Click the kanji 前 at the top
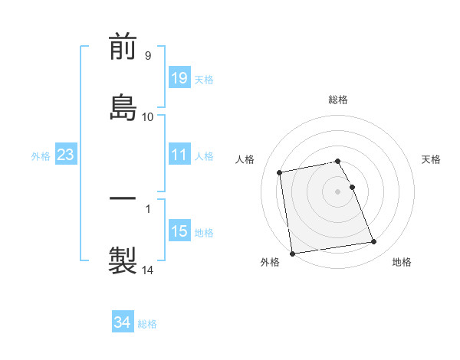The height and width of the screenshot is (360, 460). coord(123,47)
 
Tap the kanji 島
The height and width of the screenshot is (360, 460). coord(123,105)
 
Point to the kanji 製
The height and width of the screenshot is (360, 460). coord(123,258)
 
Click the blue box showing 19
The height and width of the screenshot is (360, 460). coord(179,78)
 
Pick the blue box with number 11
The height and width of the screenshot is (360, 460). coord(179,155)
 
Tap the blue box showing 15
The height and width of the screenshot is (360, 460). coord(179,231)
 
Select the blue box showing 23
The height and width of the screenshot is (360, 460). coord(66,155)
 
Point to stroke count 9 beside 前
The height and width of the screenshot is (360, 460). coord(148,56)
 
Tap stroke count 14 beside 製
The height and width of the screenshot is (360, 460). coord(148,270)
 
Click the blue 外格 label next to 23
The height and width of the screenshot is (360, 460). coord(41,155)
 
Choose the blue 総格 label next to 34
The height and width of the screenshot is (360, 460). coord(147,324)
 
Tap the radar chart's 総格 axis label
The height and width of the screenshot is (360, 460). coord(338,100)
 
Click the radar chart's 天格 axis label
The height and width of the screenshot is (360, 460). coord(431,159)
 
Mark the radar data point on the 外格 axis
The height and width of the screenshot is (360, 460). coord(292,253)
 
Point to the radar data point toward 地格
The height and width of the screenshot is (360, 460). coord(374,242)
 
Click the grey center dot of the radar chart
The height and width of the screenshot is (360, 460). coord(338,191)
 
